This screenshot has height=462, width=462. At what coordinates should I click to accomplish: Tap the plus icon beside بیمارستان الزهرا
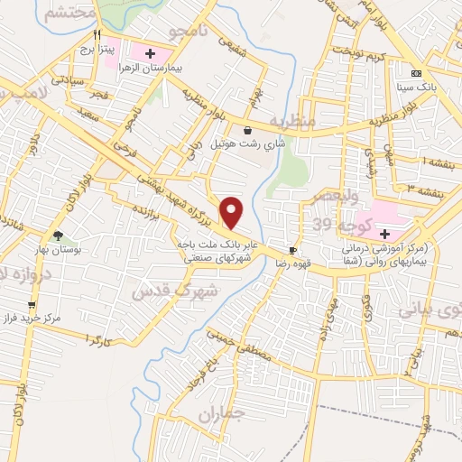[150, 54]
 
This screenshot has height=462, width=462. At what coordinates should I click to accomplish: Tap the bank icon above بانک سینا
[416, 73]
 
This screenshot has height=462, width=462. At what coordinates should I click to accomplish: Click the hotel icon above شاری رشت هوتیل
[247, 130]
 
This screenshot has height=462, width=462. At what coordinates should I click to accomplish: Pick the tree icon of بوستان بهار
[59, 236]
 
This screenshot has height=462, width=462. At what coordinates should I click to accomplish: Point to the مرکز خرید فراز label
[52, 319]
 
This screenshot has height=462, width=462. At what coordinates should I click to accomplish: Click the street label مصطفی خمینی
[245, 353]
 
